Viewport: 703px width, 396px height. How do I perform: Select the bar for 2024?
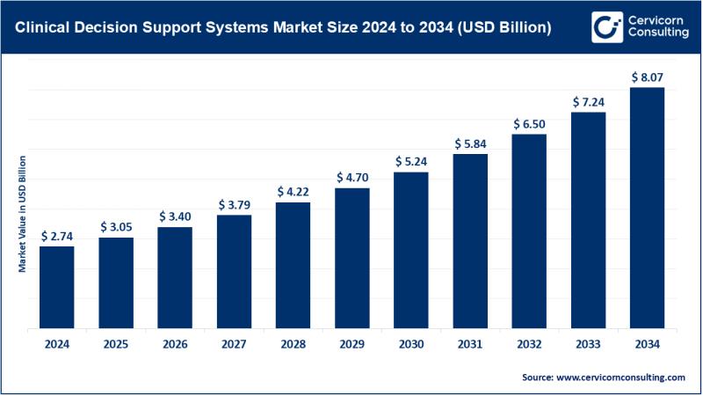pos(57,287)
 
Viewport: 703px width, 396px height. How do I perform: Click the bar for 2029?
pos(352,258)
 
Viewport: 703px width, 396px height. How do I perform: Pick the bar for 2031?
pos(470,241)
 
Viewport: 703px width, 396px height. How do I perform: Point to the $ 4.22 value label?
pos(293,190)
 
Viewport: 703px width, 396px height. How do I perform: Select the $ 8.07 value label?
pos(647,77)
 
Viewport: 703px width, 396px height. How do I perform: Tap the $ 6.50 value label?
pos(529,122)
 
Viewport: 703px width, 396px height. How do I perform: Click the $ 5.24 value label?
pos(410,160)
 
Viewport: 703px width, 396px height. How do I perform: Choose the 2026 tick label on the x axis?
pos(175,344)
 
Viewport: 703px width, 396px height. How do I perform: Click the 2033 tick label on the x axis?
pos(588,344)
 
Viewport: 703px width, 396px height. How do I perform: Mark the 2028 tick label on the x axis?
pos(293,344)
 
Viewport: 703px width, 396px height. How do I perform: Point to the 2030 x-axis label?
pos(410,344)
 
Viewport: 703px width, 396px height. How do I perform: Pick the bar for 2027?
pos(234,272)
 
